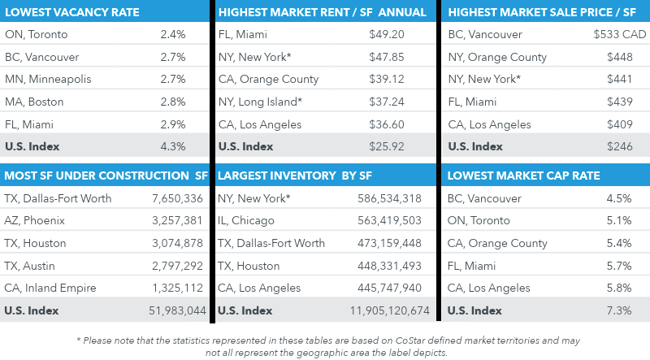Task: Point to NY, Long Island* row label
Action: (260, 102)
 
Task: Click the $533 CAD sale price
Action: (619, 35)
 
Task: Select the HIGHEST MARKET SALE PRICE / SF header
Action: (543, 12)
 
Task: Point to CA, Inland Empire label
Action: (50, 288)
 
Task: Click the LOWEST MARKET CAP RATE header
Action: (524, 176)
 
